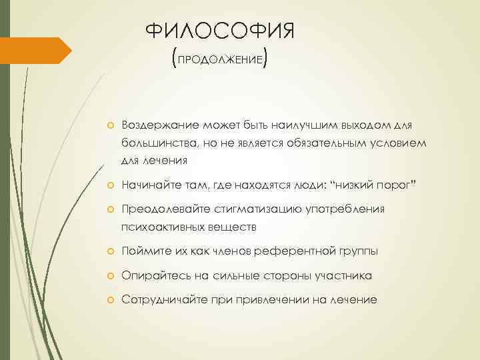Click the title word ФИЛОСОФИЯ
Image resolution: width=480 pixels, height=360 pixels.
(x=219, y=32)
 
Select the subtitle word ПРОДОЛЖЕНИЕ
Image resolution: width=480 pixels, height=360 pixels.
(x=219, y=59)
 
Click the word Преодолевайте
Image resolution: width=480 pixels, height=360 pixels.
(x=163, y=209)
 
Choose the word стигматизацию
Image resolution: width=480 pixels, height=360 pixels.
(x=257, y=209)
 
